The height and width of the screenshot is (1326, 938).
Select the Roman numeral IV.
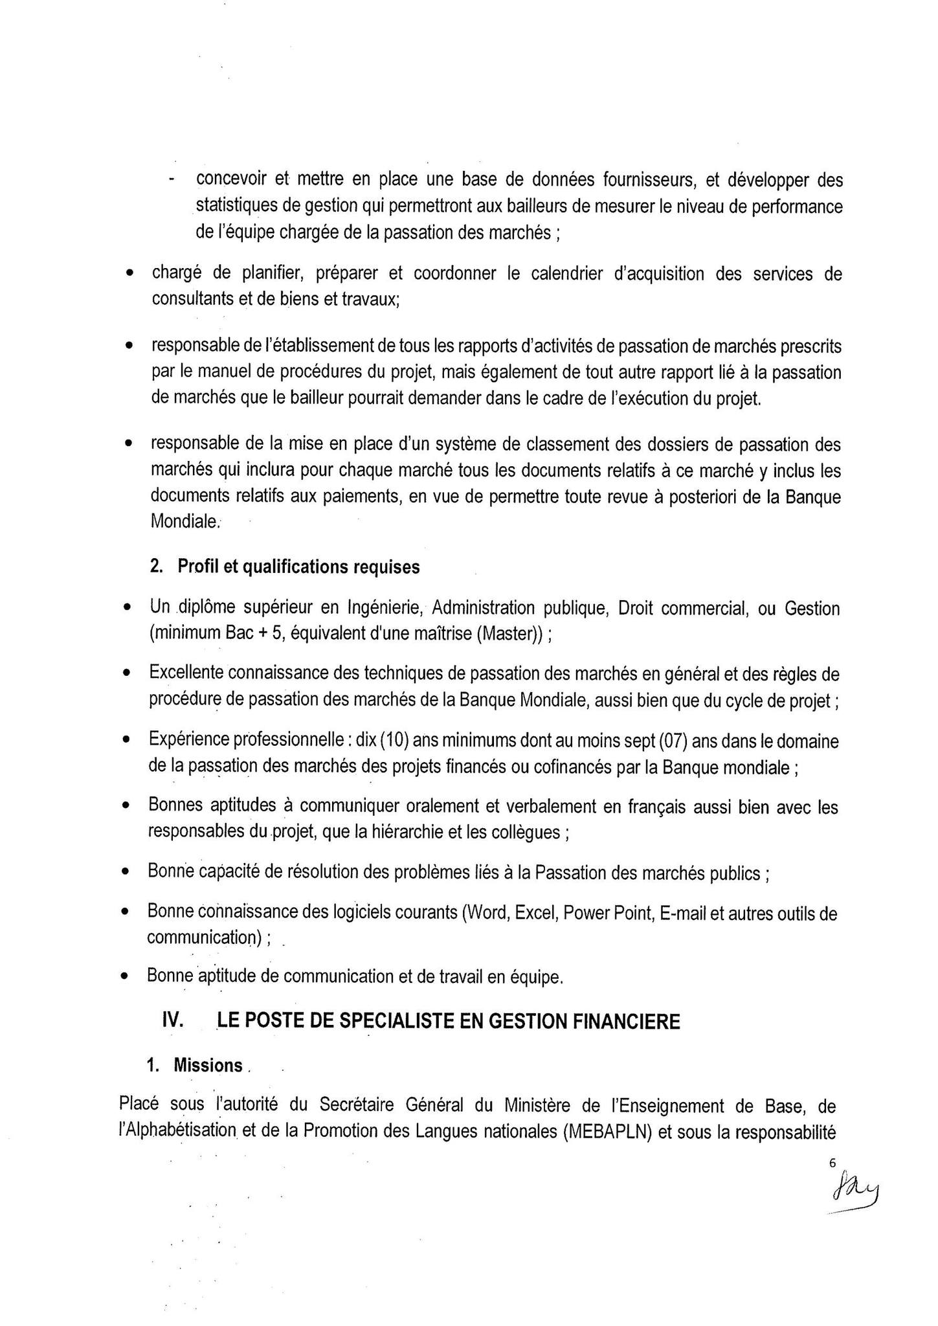point(172,1021)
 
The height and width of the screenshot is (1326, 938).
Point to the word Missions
point(208,1066)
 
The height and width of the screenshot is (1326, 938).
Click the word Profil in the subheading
point(198,567)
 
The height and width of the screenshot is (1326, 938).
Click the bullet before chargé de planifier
point(129,275)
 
